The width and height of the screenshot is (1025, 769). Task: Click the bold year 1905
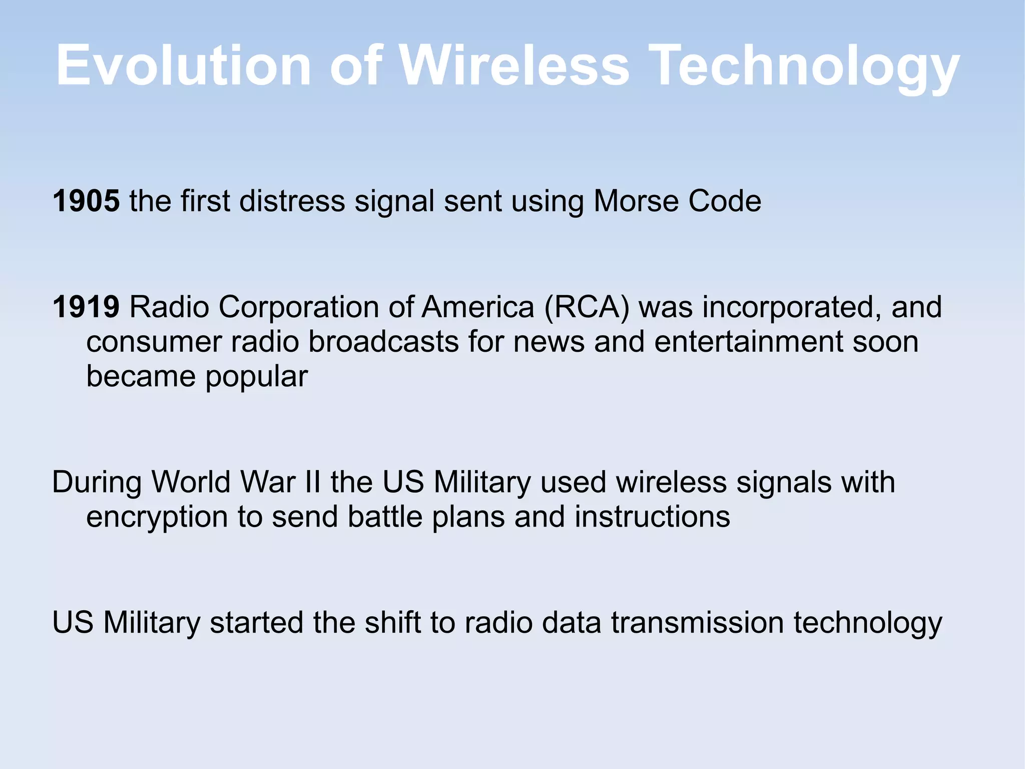tap(86, 201)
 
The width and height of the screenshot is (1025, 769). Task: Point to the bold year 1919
tap(86, 307)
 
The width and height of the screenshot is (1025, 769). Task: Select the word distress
tap(292, 201)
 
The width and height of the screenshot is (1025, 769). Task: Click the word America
tap(478, 307)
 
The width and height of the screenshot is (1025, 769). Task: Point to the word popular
tap(256, 377)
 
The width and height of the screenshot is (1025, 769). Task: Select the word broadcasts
tap(383, 342)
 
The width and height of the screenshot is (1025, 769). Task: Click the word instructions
tap(652, 517)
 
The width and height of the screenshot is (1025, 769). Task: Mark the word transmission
tap(697, 622)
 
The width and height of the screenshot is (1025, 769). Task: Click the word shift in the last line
tap(392, 622)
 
